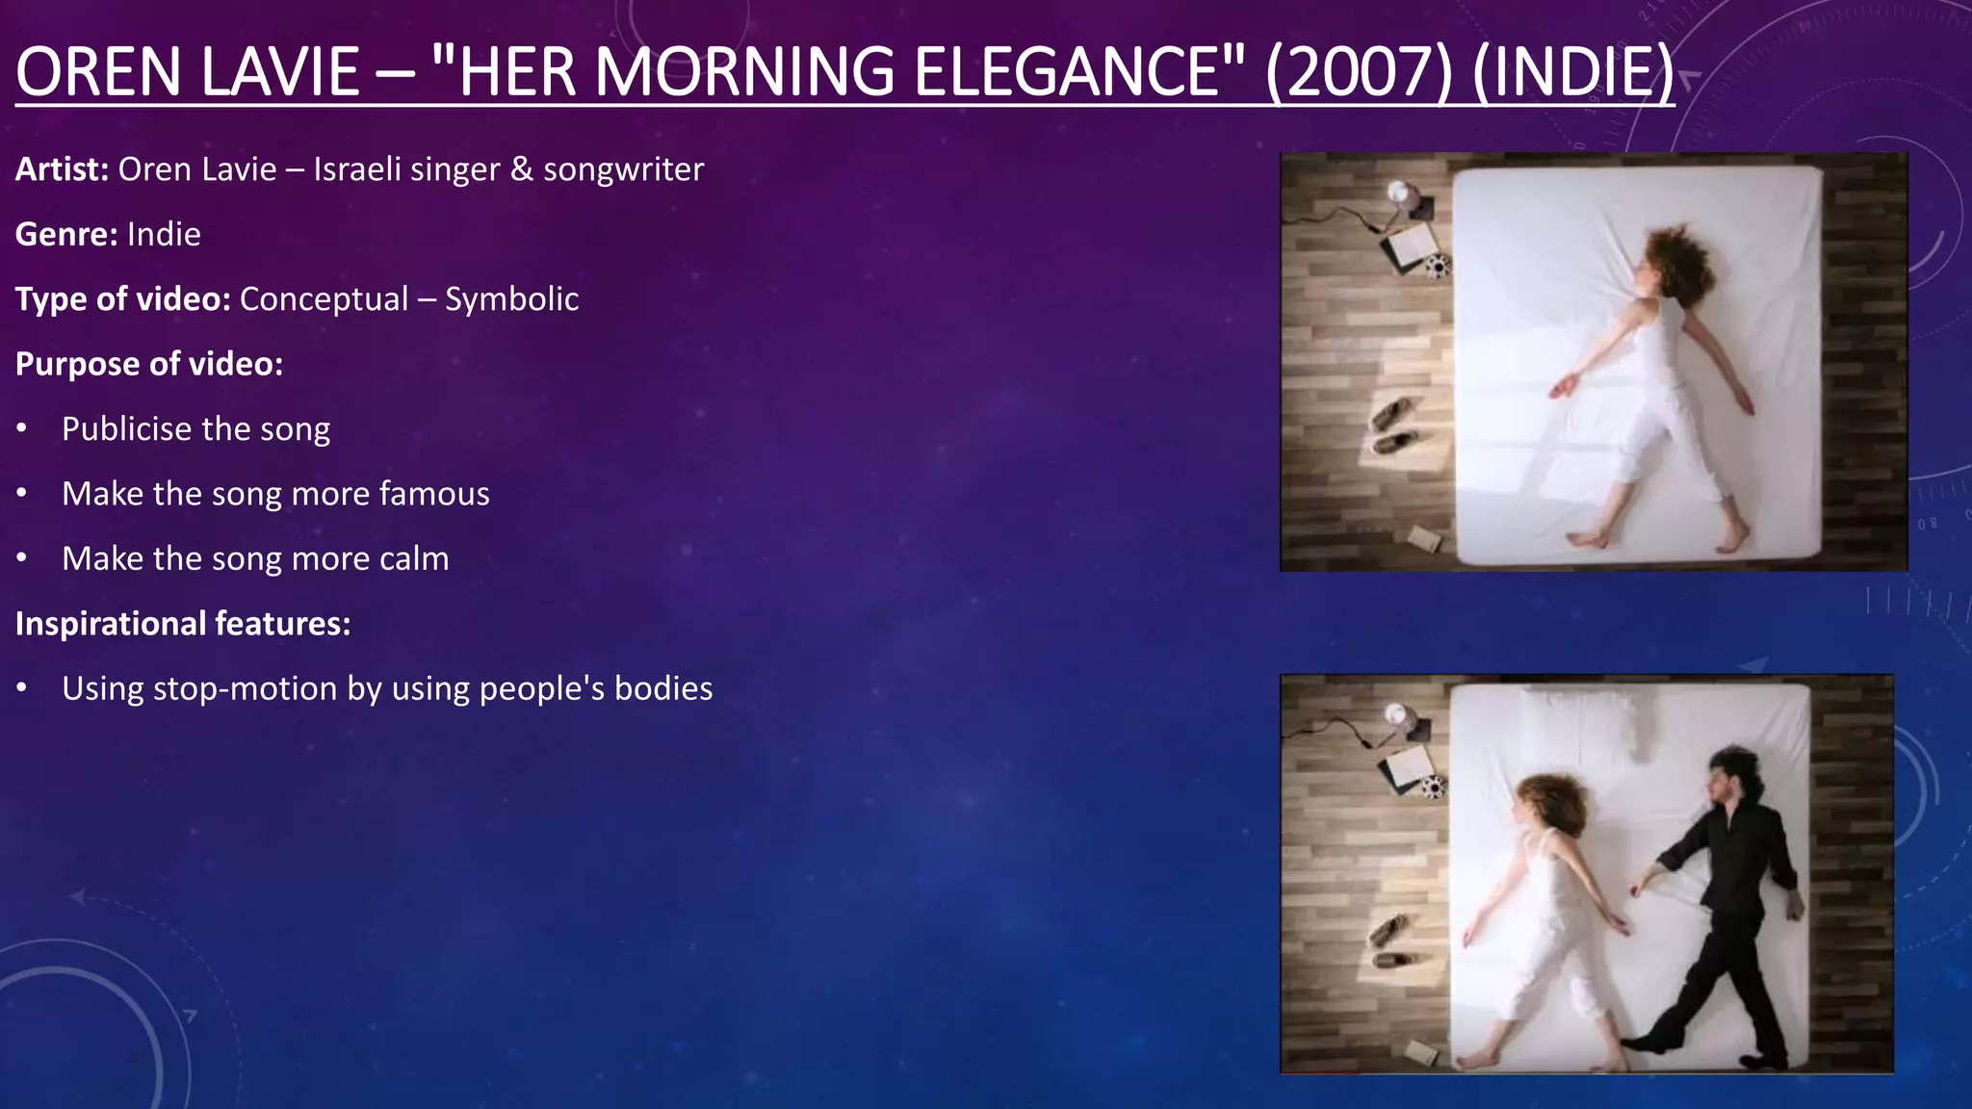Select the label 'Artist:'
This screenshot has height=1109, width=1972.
62,169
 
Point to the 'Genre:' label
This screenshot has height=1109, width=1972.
66,234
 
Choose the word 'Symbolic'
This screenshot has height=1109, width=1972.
511,299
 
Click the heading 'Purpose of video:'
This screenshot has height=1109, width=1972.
149,364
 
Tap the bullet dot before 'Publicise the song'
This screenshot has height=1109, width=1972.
22,428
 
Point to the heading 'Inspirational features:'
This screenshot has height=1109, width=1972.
183,624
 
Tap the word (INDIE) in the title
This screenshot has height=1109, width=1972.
1573,72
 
